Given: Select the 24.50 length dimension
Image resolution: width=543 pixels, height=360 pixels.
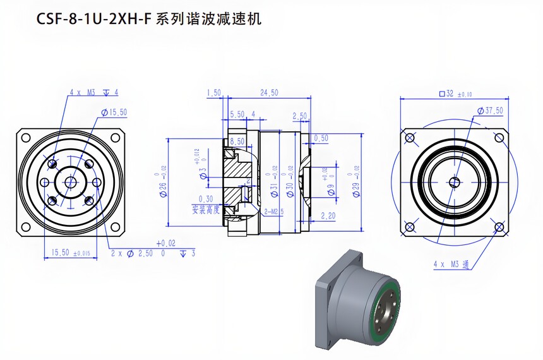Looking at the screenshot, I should (269, 93).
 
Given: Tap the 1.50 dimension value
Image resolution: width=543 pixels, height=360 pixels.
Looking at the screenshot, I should (213, 93).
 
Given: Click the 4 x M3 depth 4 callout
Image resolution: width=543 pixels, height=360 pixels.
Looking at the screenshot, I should (93, 92).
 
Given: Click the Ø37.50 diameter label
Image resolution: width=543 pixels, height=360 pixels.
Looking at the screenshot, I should (490, 111).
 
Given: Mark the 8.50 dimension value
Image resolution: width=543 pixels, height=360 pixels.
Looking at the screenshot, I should (237, 141).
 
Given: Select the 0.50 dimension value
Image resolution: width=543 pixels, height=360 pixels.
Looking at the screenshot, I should (321, 138).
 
